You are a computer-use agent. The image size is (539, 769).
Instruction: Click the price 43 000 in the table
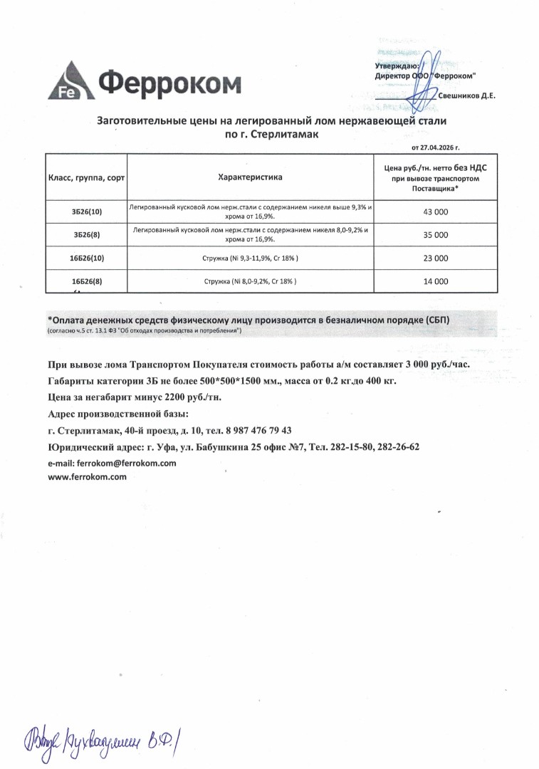point(436,211)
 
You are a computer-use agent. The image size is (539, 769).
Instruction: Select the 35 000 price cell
point(436,234)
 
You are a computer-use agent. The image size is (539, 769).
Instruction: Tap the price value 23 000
point(436,258)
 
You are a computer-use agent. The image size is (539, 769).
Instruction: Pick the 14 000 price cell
point(436,281)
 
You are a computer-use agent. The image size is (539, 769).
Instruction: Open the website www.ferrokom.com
point(87,477)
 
